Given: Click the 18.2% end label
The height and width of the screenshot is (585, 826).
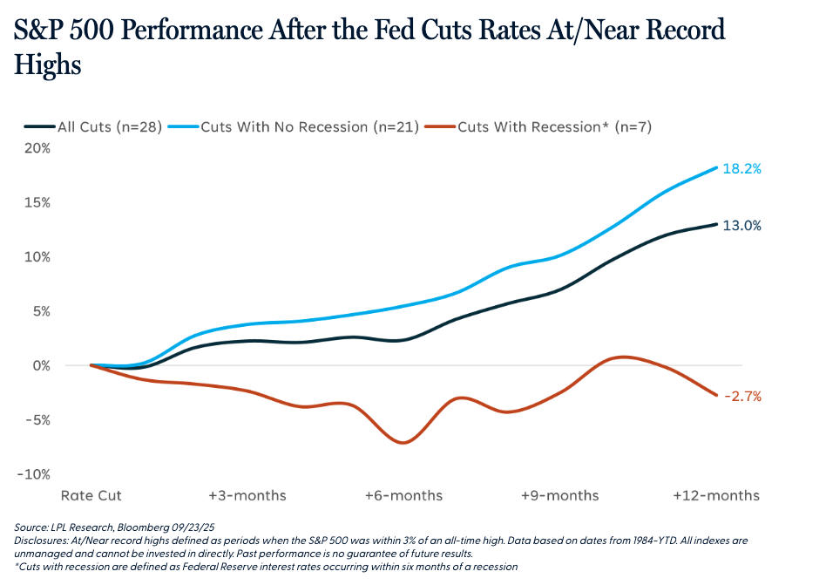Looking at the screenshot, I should pyautogui.click(x=743, y=169).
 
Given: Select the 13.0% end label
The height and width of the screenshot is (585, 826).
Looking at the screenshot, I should pyautogui.click(x=743, y=225).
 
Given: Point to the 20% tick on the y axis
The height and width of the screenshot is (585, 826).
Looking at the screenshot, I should pyautogui.click(x=37, y=148).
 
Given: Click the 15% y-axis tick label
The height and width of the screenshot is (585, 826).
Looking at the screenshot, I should pyautogui.click(x=37, y=202).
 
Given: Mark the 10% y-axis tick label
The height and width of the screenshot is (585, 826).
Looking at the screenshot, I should pyautogui.click(x=37, y=257).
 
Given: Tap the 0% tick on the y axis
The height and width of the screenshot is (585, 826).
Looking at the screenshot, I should pyautogui.click(x=41, y=365).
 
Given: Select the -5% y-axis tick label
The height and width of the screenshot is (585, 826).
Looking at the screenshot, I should pyautogui.click(x=37, y=419).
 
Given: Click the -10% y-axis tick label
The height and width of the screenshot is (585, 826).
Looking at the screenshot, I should pyautogui.click(x=35, y=474).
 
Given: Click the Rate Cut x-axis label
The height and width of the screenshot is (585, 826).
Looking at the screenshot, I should pyautogui.click(x=91, y=495).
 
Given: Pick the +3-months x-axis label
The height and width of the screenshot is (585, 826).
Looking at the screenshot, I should pyautogui.click(x=247, y=495).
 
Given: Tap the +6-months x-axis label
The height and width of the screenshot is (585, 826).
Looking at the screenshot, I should pyautogui.click(x=403, y=495).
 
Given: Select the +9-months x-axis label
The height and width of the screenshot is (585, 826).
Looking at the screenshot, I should pyautogui.click(x=560, y=495).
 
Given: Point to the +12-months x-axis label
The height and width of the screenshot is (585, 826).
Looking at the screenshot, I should pyautogui.click(x=716, y=495).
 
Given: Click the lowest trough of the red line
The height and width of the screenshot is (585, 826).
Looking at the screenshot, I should pyautogui.click(x=403, y=442).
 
